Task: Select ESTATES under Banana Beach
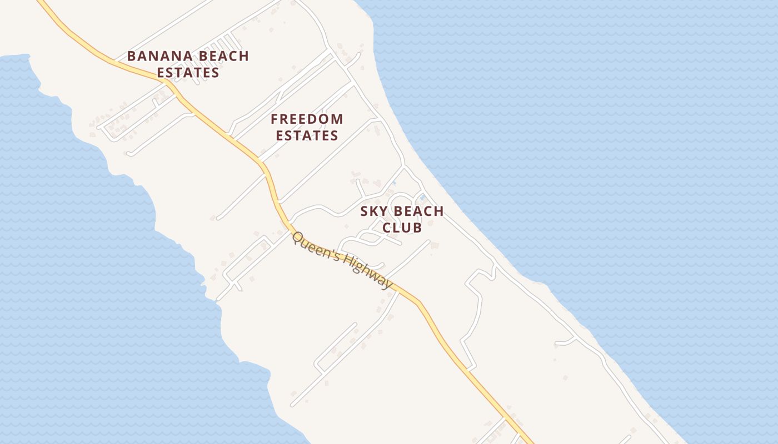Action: (x=188, y=73)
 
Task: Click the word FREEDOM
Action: (x=307, y=119)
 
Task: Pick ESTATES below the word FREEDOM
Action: (x=307, y=135)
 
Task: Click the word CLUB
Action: (x=402, y=228)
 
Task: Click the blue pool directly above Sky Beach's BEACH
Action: (x=422, y=197)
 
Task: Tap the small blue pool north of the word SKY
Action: (x=394, y=183)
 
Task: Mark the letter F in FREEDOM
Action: (x=275, y=119)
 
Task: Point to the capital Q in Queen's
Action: (x=297, y=238)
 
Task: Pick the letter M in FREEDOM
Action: (x=337, y=119)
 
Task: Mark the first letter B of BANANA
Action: (x=131, y=56)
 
